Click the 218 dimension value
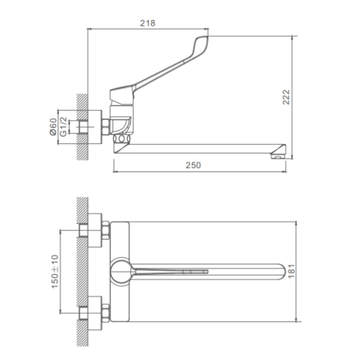pyautogui.click(x=147, y=23)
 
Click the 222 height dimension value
pyautogui.click(x=286, y=97)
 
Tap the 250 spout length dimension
pyautogui.click(x=193, y=165)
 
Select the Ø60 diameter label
pyautogui.click(x=53, y=127)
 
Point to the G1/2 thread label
pyautogui.click(x=63, y=127)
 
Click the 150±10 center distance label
pyautogui.click(x=55, y=271)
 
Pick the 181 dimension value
pyautogui.click(x=291, y=271)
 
